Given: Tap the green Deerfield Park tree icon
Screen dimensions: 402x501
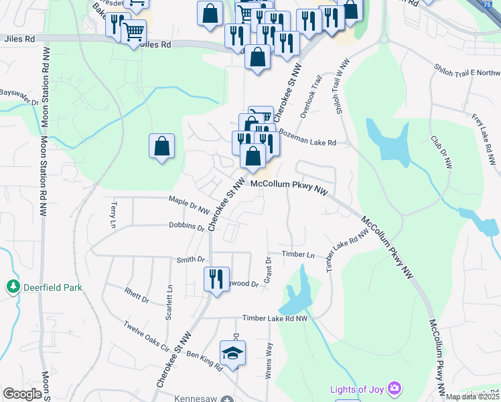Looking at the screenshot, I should pyautogui.click(x=13, y=287).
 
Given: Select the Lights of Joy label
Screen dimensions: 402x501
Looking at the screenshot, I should pyautogui.click(x=356, y=389).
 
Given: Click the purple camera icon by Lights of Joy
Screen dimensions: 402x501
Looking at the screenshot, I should pyautogui.click(x=395, y=389).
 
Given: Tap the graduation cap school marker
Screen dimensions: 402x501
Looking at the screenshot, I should pyautogui.click(x=232, y=353).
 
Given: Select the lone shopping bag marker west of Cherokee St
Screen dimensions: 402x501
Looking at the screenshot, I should pyautogui.click(x=161, y=146).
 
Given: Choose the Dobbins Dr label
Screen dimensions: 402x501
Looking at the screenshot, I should pyautogui.click(x=186, y=227).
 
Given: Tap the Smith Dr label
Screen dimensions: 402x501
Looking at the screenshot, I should pyautogui.click(x=190, y=259).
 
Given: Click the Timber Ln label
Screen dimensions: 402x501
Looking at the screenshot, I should pyautogui.click(x=298, y=255).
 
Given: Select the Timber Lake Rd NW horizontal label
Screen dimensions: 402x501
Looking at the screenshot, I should pyautogui.click(x=275, y=318).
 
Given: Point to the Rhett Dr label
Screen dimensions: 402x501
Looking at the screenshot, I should pyautogui.click(x=136, y=295).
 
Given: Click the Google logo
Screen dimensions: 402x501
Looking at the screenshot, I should pyautogui.click(x=21, y=394).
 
